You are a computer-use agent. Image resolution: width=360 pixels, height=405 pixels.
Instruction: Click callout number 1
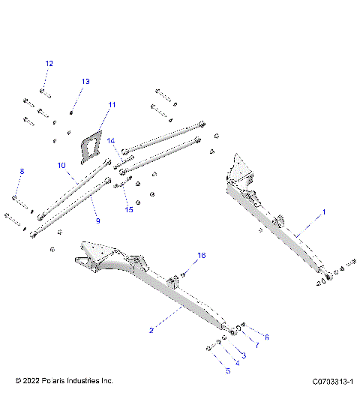[x=324, y=213]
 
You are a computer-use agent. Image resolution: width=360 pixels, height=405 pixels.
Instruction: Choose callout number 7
[x=255, y=345]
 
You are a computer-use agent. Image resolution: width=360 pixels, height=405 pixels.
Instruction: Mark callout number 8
[x=21, y=172]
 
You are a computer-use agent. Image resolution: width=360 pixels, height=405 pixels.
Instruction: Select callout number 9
[x=97, y=221]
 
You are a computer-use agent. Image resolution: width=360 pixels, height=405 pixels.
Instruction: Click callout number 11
[x=112, y=105]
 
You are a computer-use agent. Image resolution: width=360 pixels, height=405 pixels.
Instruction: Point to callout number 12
[x=49, y=63]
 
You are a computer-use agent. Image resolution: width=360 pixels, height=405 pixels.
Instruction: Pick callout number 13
[x=85, y=81]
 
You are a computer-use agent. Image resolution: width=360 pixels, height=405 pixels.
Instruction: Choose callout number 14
[x=111, y=140]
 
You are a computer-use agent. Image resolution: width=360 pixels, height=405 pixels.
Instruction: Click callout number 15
[x=129, y=209]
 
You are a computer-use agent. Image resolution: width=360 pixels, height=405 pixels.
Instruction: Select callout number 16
[x=200, y=256]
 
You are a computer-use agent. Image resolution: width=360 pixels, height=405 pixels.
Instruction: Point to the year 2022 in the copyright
[x=33, y=381]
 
